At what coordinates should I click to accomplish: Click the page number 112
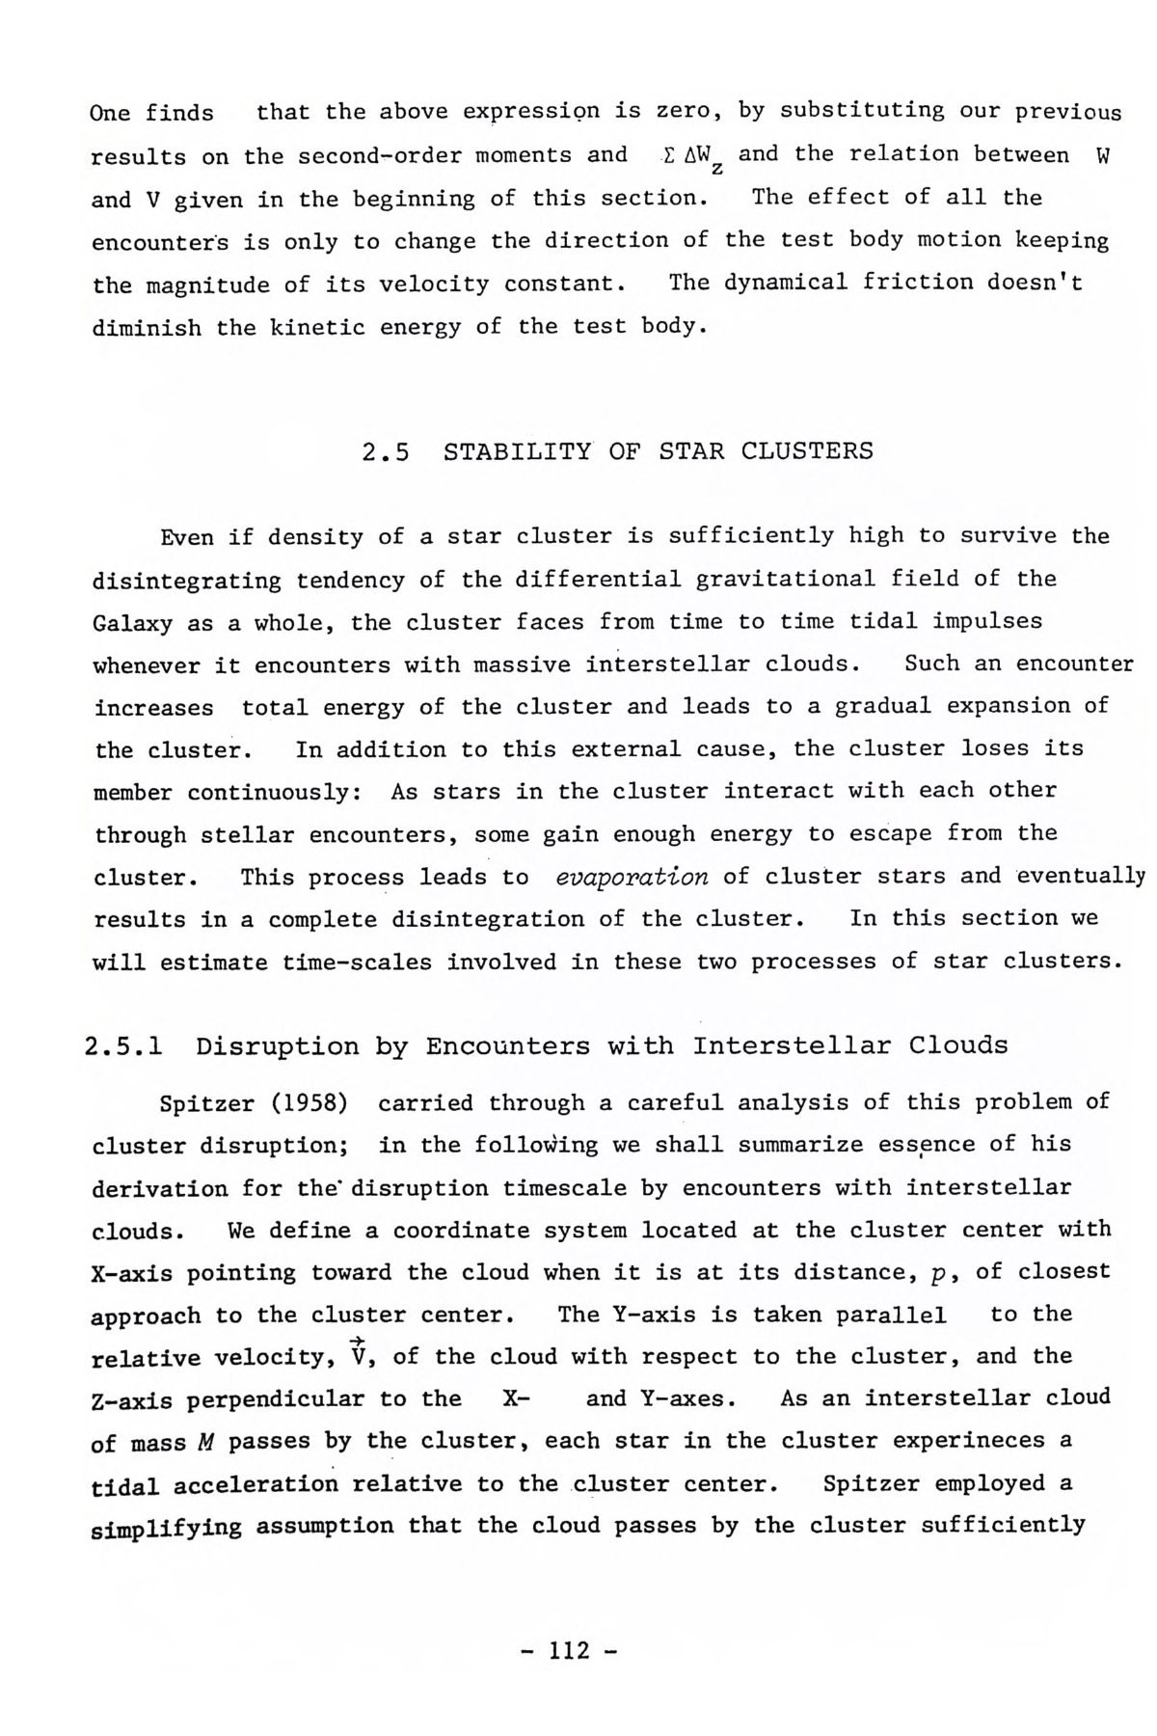[568, 1650]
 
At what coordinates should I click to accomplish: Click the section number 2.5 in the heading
[386, 451]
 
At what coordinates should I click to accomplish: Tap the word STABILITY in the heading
[517, 451]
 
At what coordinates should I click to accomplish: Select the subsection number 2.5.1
[122, 1046]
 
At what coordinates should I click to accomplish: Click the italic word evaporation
[632, 877]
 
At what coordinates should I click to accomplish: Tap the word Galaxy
[132, 623]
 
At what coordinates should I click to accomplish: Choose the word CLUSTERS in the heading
[807, 451]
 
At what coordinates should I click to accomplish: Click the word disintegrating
[186, 581]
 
